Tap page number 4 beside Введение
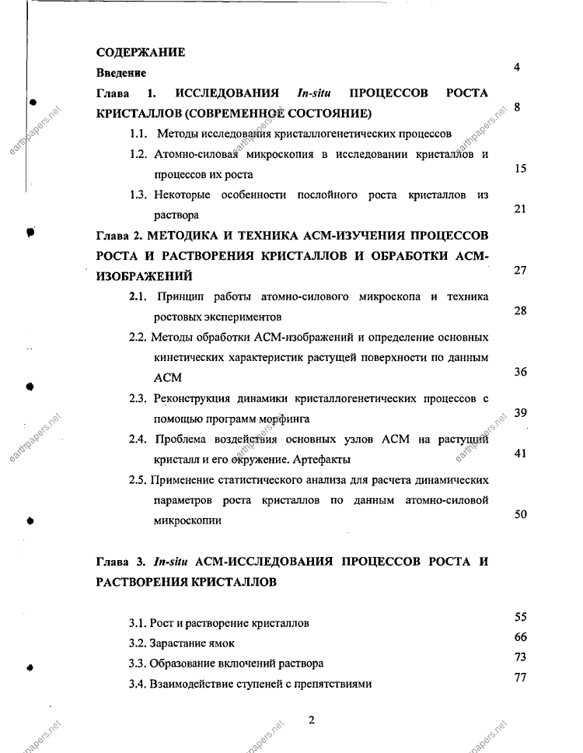click(517, 68)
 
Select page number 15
click(521, 168)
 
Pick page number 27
click(521, 270)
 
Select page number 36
click(521, 372)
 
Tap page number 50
click(521, 514)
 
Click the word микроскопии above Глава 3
click(187, 520)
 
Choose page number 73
click(521, 657)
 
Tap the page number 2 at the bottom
click(311, 720)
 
